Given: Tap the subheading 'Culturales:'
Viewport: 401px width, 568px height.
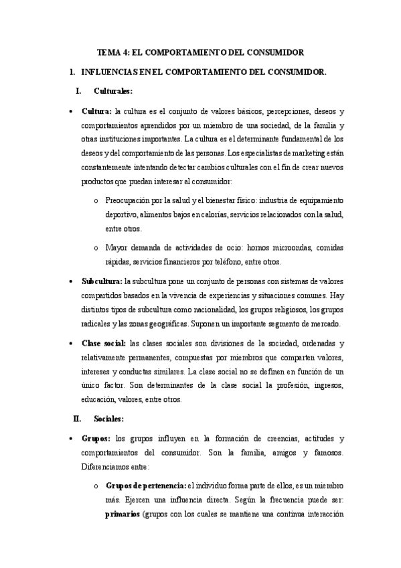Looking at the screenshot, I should [113, 90].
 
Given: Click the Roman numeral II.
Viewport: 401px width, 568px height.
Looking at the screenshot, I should [77, 419].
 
